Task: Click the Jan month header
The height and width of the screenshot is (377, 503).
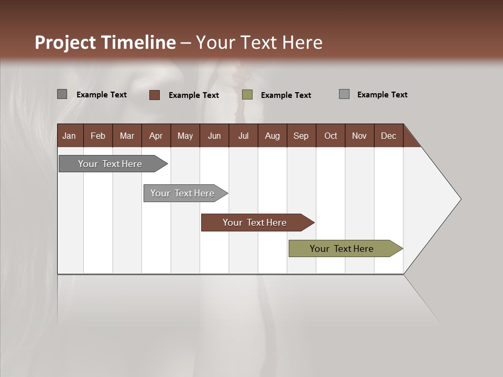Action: point(69,136)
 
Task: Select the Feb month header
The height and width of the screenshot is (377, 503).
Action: point(98,136)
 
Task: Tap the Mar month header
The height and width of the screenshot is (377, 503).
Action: point(127,136)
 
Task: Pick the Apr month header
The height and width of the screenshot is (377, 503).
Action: point(156,136)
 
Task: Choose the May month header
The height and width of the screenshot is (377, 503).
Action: point(185,136)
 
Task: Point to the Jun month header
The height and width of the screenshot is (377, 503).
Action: point(214,136)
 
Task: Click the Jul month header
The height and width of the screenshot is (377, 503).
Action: point(243,136)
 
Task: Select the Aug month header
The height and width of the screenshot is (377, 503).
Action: point(272,136)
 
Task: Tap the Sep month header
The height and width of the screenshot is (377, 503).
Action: point(301,136)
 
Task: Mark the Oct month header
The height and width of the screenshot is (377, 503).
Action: point(331,136)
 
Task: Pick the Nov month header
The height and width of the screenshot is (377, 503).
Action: point(359,136)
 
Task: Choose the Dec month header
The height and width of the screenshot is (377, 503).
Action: point(389,136)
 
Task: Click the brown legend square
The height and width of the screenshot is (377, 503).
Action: point(155,95)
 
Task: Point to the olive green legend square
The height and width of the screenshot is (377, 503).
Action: point(247,95)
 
